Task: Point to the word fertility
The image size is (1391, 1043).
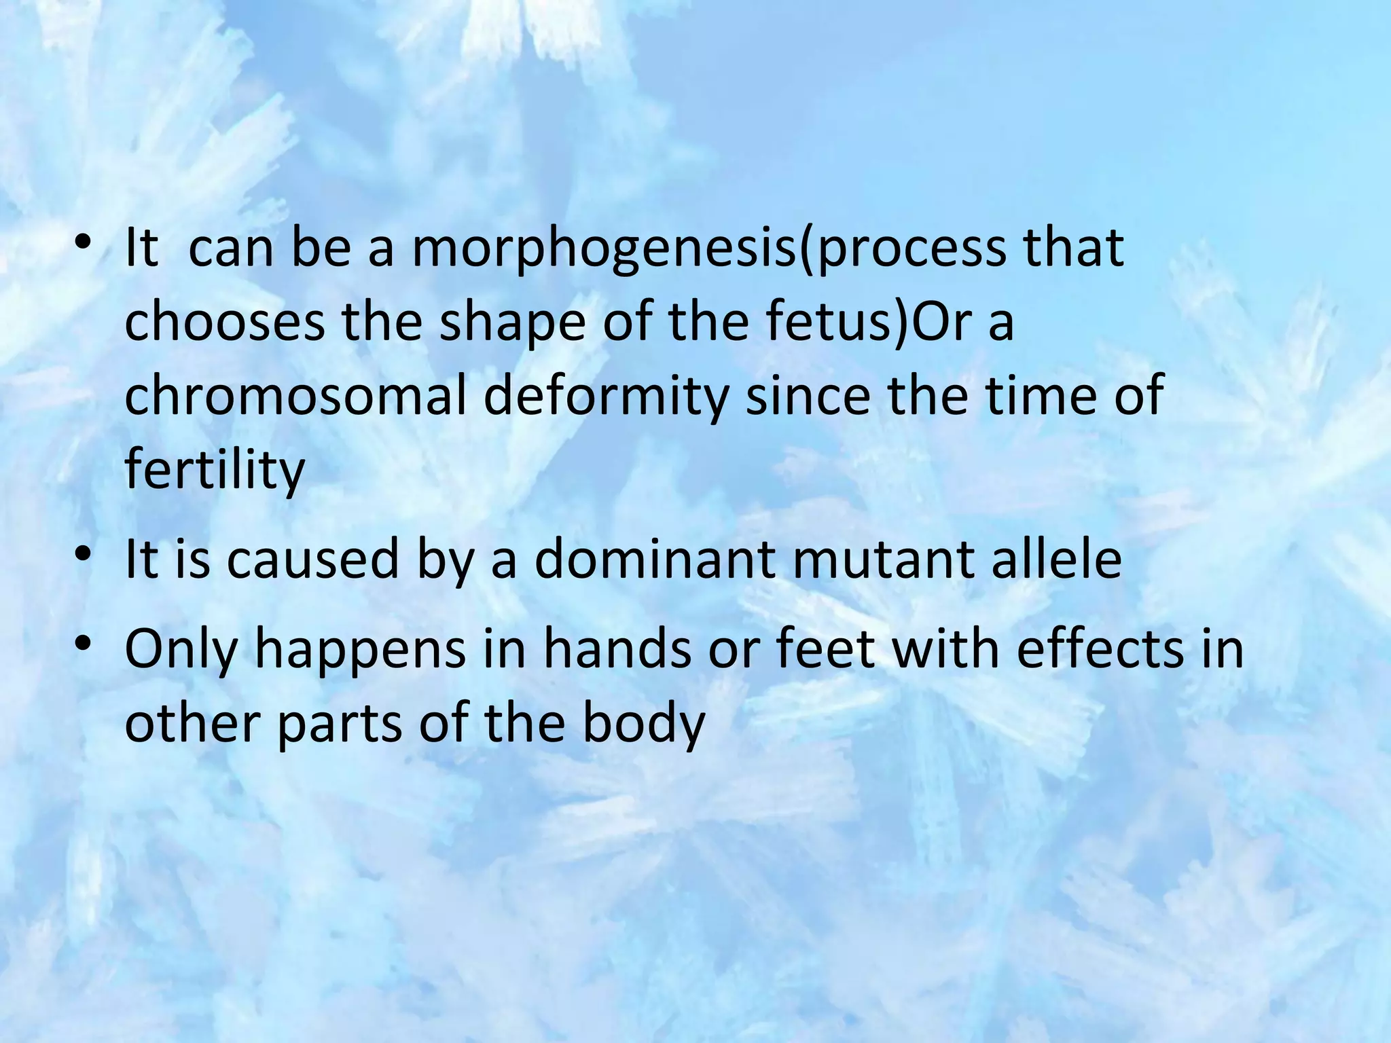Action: tap(215, 470)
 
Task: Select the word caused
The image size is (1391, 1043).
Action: tap(313, 560)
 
